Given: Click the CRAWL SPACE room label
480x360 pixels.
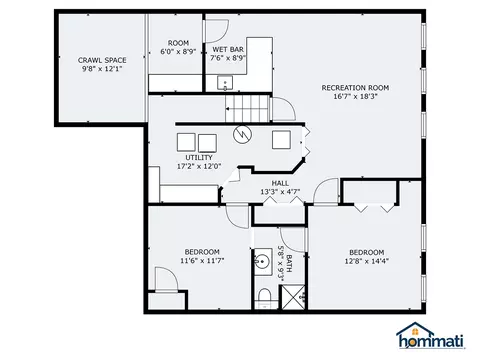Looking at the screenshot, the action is point(102,60).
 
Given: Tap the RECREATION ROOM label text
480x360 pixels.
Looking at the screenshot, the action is point(355,88).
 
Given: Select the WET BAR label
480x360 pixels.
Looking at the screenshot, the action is point(228,50).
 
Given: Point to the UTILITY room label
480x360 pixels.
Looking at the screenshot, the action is point(199,157).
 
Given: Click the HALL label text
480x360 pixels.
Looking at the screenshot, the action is point(280,183).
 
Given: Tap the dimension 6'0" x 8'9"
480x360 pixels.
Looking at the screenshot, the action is point(178,52).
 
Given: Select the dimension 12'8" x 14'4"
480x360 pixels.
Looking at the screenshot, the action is point(367,261).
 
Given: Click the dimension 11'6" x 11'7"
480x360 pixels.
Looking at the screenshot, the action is point(202,261).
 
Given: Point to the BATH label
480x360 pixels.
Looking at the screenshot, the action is point(289,263).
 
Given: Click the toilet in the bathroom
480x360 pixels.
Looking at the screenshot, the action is point(265,298).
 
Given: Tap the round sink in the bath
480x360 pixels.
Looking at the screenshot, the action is point(262,261).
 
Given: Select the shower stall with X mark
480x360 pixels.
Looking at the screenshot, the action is point(293,297).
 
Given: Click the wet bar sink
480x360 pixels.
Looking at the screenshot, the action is point(225,83).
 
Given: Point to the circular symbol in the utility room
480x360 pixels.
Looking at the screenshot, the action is point(242,135).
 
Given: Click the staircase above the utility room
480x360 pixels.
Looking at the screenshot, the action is point(247,109).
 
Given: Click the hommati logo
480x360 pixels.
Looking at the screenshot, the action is point(431,336).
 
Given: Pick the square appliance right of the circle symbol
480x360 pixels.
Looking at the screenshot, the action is point(281,140).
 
